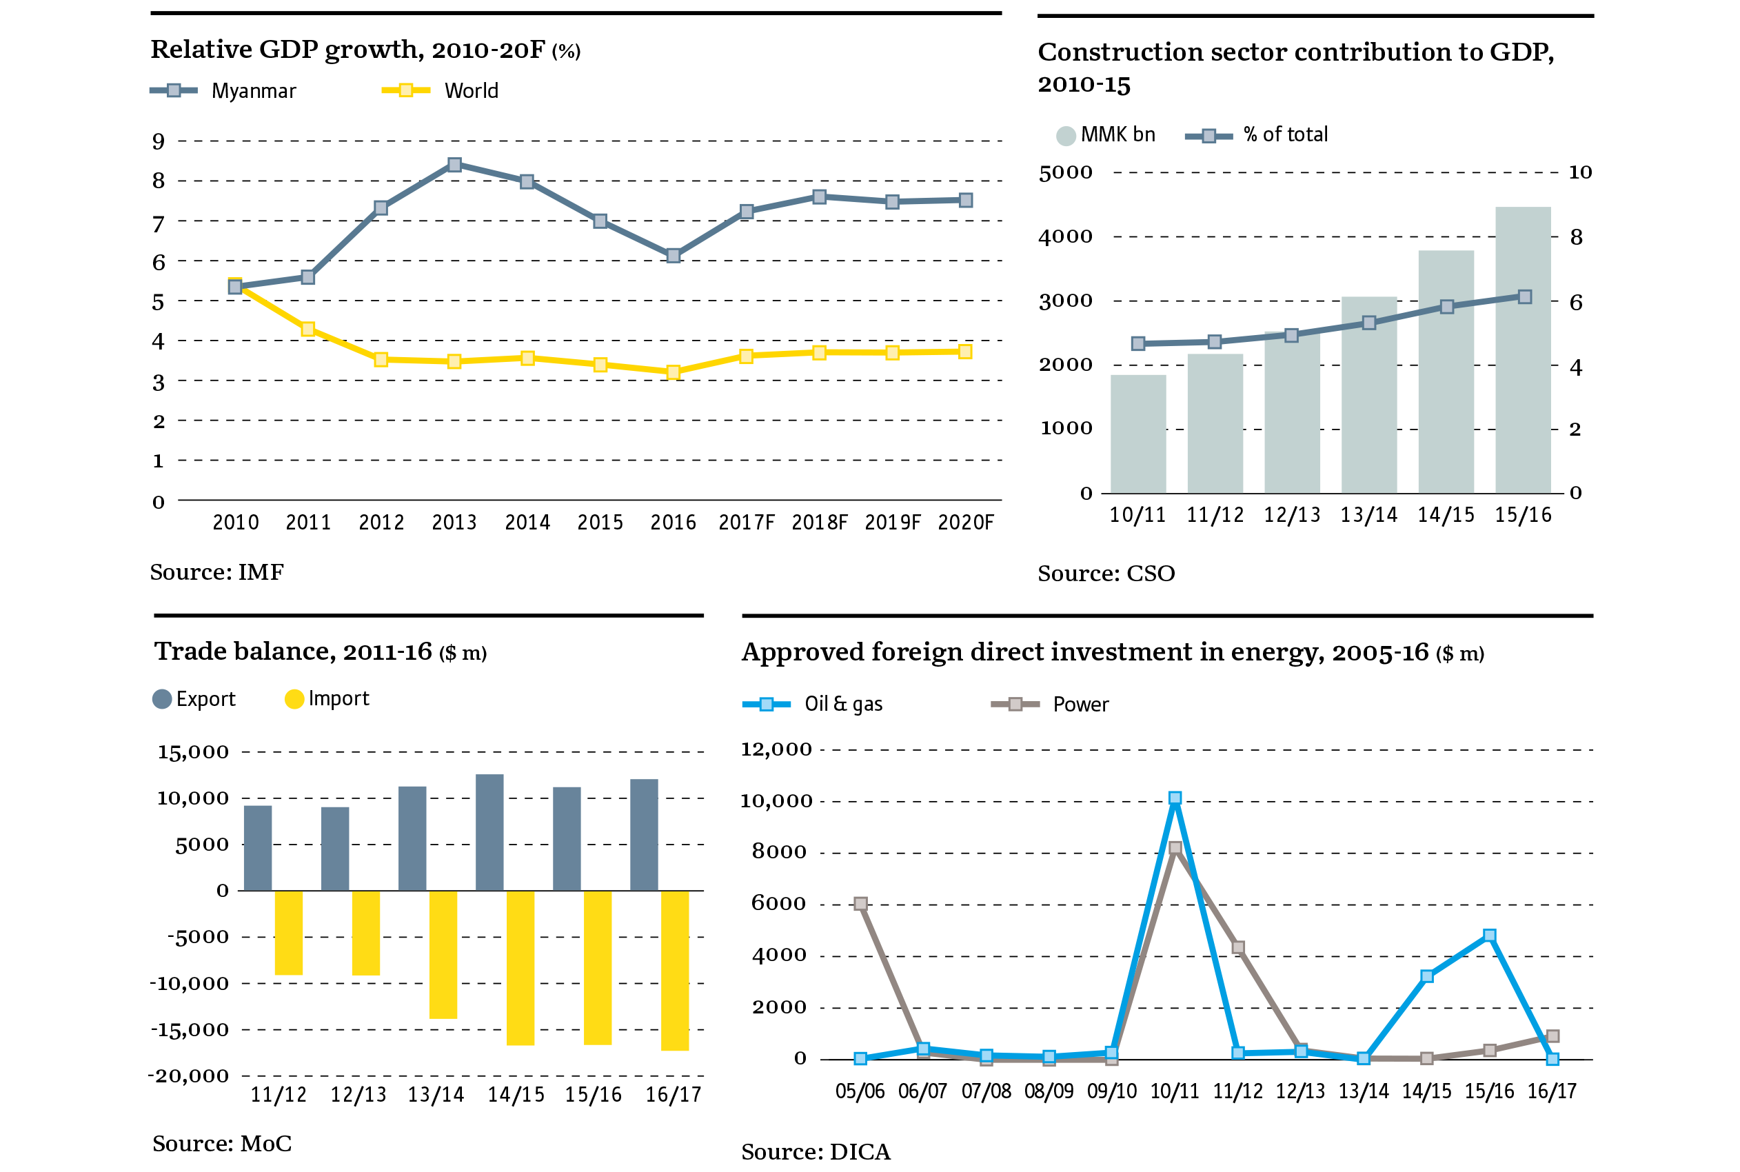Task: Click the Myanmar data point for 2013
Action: tap(454, 165)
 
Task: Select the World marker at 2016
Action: tap(674, 372)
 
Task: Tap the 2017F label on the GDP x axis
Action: tap(746, 523)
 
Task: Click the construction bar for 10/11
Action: tap(1137, 434)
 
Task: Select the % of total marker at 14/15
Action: tap(1446, 307)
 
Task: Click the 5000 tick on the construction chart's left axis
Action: tap(1065, 172)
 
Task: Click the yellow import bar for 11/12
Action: tap(288, 932)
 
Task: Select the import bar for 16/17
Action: tap(675, 970)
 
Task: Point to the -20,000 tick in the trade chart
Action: tap(189, 1075)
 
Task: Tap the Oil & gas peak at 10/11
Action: tap(1175, 798)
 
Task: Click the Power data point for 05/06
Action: tap(860, 904)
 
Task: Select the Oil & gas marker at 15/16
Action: tap(1490, 935)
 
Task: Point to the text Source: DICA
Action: tap(816, 1151)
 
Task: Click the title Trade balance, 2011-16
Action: tap(293, 651)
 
